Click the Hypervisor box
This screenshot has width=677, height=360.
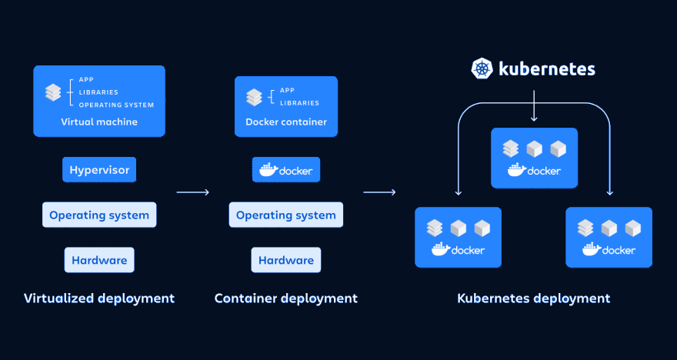99,170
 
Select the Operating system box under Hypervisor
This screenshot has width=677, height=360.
99,215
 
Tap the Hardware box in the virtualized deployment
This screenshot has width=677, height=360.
99,260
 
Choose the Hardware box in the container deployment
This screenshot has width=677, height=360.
286,260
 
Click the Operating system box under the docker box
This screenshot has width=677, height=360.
286,215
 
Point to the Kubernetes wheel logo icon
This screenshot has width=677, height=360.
482,68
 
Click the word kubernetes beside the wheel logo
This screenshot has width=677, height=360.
546,68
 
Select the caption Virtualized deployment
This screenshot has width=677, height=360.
99,298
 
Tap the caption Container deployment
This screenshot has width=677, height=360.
286,298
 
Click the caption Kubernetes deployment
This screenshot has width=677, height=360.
534,298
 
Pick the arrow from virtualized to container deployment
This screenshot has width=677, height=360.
192,192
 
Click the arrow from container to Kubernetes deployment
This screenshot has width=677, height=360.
379,192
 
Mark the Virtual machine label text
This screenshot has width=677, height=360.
99,122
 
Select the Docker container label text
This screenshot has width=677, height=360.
286,122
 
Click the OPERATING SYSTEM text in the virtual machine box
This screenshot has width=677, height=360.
116,105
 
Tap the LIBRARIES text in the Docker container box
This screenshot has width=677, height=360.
296,102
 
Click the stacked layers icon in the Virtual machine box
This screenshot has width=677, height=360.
53,92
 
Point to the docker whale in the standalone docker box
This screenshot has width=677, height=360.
268,170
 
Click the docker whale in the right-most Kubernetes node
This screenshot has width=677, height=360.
591,249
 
